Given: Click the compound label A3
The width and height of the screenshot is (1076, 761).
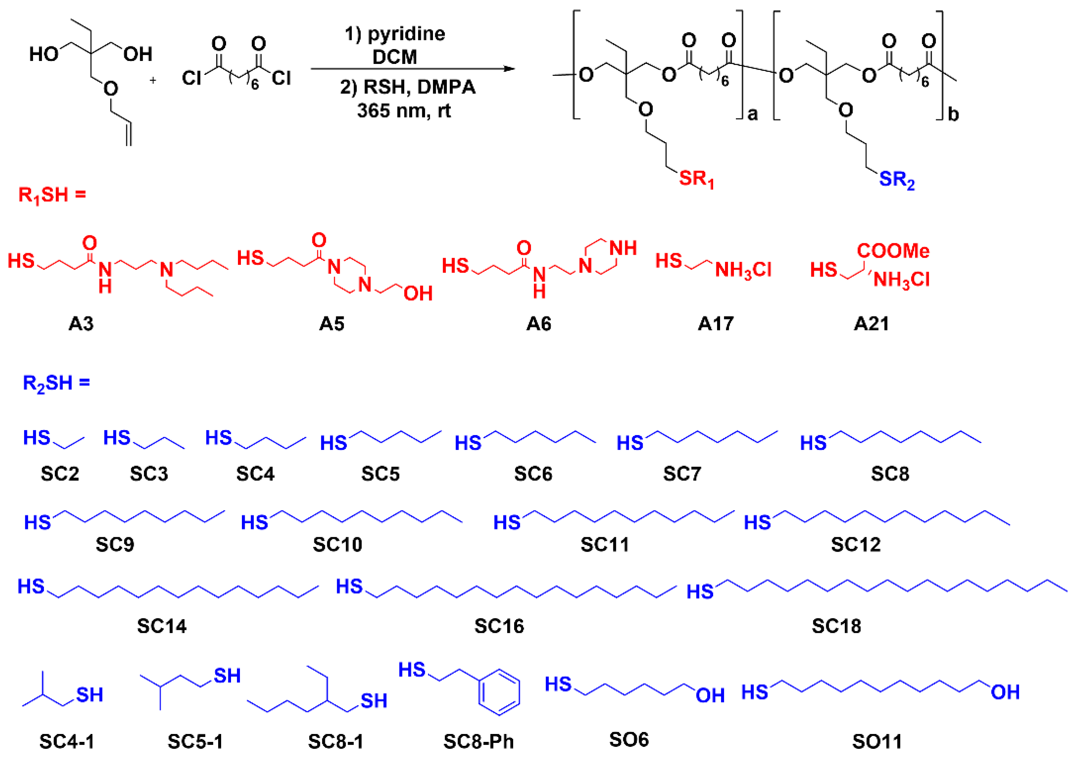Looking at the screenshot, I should tap(81, 324).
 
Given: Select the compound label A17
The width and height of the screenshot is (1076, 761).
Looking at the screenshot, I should tap(715, 324).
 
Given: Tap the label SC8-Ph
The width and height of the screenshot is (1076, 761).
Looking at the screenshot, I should tap(479, 741).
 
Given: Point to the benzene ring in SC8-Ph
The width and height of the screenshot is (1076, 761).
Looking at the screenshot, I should tap(499, 692).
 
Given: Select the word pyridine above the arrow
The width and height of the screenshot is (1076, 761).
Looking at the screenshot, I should tap(406, 34).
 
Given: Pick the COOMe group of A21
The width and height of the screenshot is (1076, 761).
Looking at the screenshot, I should tap(893, 251).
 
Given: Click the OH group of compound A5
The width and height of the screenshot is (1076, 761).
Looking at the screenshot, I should tap(418, 293).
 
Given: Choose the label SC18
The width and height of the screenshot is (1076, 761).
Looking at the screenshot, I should tap(836, 626).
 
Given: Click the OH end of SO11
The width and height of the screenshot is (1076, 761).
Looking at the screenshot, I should tap(1005, 692).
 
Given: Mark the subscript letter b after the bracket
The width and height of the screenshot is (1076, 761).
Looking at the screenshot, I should tap(953, 114).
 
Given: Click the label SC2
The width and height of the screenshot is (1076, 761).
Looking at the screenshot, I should tap(60, 474).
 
